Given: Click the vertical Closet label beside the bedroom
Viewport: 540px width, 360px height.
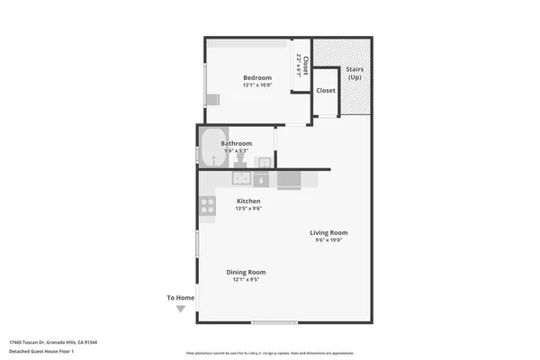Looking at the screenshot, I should (x=304, y=65).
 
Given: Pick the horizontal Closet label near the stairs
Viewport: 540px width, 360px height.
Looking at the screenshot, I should (x=325, y=91).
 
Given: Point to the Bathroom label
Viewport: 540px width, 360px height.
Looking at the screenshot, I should (x=237, y=143).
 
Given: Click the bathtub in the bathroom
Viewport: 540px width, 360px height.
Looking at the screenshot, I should (x=212, y=148).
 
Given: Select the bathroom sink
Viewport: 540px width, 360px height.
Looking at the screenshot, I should (x=263, y=162).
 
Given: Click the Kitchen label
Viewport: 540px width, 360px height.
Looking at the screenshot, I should (x=248, y=201).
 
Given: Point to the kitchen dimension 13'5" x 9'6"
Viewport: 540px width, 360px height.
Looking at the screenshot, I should (x=248, y=209).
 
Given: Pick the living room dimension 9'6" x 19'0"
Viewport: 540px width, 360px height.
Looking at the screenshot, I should (x=330, y=240).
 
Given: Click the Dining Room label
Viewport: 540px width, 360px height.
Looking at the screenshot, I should (x=246, y=272).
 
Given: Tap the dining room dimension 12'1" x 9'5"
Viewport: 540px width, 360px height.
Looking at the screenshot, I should (x=246, y=280).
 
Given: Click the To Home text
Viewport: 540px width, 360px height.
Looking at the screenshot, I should (x=180, y=298).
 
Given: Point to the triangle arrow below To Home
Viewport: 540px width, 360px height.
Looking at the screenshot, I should (x=180, y=309).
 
